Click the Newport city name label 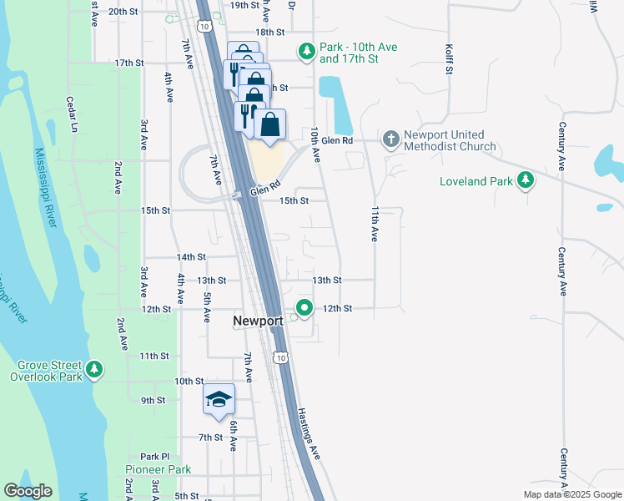259,321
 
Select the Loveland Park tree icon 526,180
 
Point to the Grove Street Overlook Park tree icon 94,369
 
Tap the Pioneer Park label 159,470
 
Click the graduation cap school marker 219,400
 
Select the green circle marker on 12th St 305,308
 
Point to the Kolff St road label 449,59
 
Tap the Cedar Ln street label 73,115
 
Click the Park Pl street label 155,457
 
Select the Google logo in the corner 28,491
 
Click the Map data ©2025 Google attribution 572,494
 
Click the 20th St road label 123,12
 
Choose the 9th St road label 153,401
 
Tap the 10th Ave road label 315,144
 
